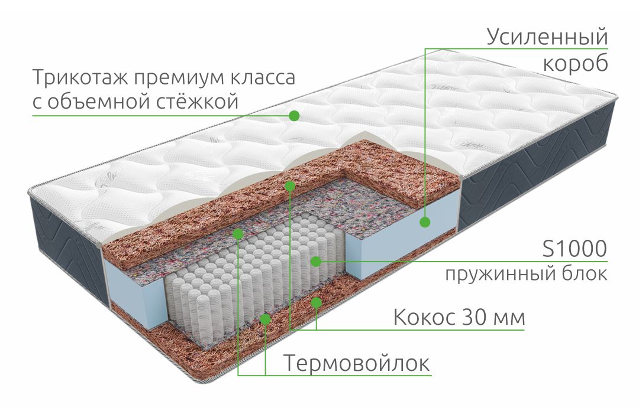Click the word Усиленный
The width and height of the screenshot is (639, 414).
pyautogui.click(x=547, y=37)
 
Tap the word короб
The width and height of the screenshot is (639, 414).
pyautogui.click(x=576, y=63)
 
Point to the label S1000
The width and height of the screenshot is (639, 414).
pyautogui.click(x=575, y=249)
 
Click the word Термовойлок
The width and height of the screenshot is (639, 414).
pyautogui.click(x=357, y=363)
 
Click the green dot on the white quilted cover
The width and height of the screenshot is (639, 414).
pyautogui.click(x=294, y=116)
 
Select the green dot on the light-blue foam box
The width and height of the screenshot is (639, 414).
pyautogui.click(x=425, y=222)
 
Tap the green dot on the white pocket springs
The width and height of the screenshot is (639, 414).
pyautogui.click(x=316, y=261)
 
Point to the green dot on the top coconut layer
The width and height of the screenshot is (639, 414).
pyautogui.click(x=290, y=186)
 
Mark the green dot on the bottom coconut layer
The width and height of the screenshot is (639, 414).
pyautogui.click(x=316, y=302)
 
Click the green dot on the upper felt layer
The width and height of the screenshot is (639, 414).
pyautogui.click(x=238, y=233)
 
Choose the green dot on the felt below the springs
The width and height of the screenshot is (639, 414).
pyautogui.click(x=265, y=319)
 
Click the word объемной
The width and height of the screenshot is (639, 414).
pyautogui.click(x=95, y=101)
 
